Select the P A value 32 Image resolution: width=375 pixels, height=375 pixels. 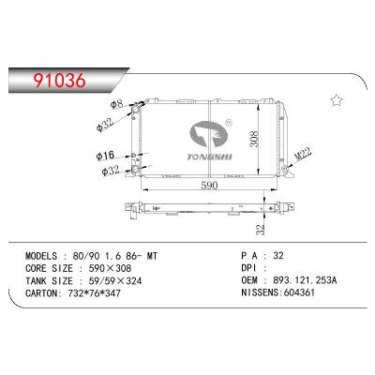(x=278, y=253)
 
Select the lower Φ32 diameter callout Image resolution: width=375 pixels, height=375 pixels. (x=109, y=172)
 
